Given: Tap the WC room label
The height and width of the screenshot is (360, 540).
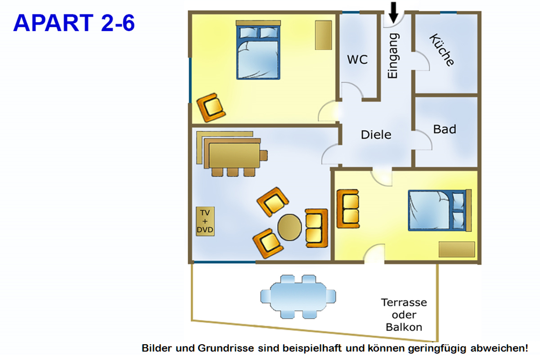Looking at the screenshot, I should [x=357, y=59].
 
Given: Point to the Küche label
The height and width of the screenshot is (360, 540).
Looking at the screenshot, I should [x=441, y=50].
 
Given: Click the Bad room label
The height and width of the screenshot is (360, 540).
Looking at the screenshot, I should [x=445, y=129].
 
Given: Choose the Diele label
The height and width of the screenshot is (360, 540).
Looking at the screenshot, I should [x=376, y=135].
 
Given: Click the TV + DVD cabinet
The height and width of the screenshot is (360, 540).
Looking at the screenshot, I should [x=205, y=221].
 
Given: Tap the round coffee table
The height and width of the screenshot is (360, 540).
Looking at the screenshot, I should [x=289, y=228].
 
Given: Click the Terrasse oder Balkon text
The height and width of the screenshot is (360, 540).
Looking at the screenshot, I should [x=404, y=315].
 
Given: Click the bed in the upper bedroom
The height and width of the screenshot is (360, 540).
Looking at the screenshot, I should [x=258, y=52].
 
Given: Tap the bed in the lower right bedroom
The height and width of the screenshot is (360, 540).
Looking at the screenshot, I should [x=438, y=210].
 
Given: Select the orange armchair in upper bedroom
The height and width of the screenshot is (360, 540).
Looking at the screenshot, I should [x=211, y=107].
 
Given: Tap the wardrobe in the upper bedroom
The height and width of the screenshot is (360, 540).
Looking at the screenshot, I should [x=323, y=35].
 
